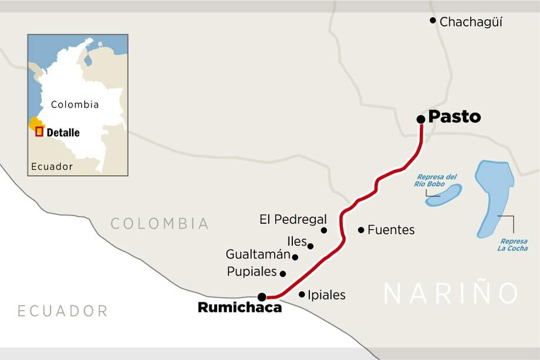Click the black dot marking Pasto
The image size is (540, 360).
[x=421, y=119]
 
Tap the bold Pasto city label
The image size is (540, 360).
[x=454, y=116]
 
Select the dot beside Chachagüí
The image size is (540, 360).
[x=433, y=21]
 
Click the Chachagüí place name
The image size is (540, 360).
[x=471, y=22]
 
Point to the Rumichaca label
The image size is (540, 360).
[x=239, y=307]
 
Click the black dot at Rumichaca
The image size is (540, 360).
[x=262, y=297]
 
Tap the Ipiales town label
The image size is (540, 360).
[x=326, y=295]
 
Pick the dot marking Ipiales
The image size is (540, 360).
[x=302, y=294]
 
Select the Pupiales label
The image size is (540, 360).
[x=252, y=271]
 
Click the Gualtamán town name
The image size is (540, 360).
[x=258, y=254]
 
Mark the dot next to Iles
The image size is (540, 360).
[x=310, y=246]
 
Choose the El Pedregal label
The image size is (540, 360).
[x=293, y=220]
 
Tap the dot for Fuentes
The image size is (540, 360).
[x=361, y=230]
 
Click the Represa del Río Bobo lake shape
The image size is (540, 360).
[x=444, y=195]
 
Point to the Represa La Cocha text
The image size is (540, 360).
[x=513, y=245]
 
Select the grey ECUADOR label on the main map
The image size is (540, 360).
[x=62, y=311]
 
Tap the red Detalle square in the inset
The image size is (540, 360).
[x=39, y=132]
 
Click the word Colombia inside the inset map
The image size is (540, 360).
[x=75, y=105]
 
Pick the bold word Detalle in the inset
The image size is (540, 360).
[x=63, y=133]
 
